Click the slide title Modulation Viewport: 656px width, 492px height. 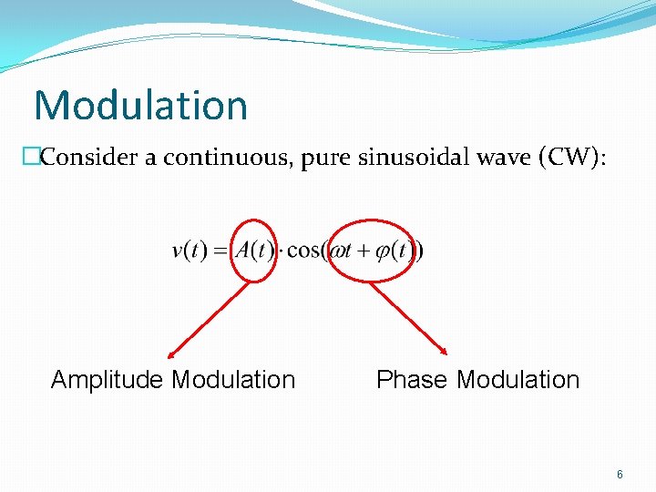coord(140,105)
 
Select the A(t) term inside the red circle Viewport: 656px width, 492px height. coord(255,251)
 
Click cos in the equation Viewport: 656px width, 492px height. coord(302,251)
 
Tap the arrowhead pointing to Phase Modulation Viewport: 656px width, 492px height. coord(445,352)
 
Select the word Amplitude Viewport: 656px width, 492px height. coord(108,380)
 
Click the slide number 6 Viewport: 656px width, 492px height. coord(620,475)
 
